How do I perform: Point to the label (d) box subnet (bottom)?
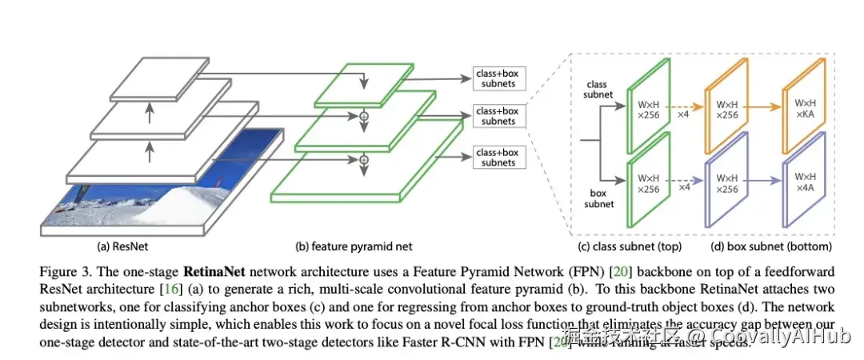[x=770, y=246]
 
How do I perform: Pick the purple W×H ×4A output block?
[x=804, y=182]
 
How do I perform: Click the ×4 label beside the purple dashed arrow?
[x=683, y=187]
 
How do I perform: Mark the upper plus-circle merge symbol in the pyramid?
[x=364, y=117]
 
